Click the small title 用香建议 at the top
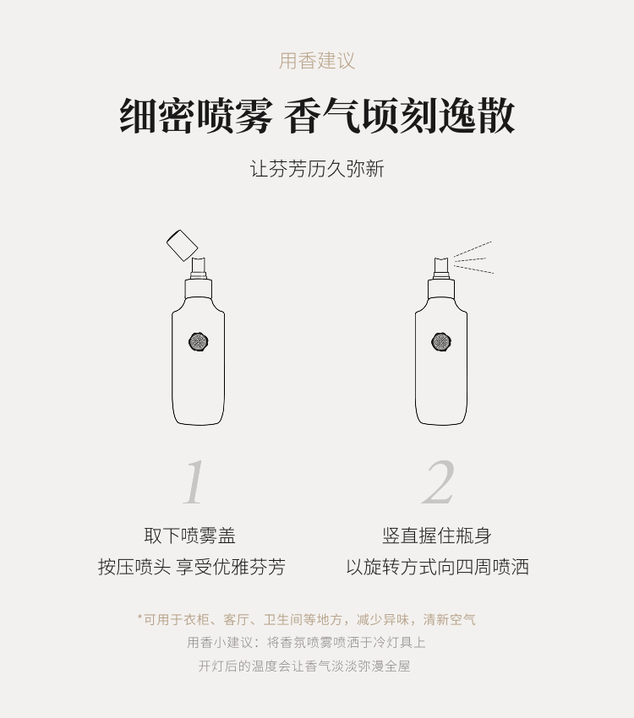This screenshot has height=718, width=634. (317, 62)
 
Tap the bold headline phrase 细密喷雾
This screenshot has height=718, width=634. (196, 116)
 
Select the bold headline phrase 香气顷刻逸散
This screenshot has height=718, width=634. (400, 116)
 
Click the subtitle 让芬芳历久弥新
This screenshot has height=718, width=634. (317, 168)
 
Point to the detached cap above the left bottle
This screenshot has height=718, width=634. (182, 246)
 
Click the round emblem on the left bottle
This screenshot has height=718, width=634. (199, 341)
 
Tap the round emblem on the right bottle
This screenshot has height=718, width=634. (441, 341)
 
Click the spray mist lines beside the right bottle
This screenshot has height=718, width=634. (473, 258)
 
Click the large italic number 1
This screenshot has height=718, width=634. (194, 482)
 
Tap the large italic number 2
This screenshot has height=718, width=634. (439, 482)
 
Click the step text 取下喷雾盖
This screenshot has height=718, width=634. (190, 536)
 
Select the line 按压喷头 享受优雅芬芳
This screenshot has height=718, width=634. (192, 567)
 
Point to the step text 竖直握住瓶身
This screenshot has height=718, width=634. (437, 536)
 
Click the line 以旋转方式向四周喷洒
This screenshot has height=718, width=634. (438, 567)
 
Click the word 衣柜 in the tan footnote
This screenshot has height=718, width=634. (196, 619)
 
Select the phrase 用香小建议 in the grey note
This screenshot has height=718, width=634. (220, 643)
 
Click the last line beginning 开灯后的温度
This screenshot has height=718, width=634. (304, 666)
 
